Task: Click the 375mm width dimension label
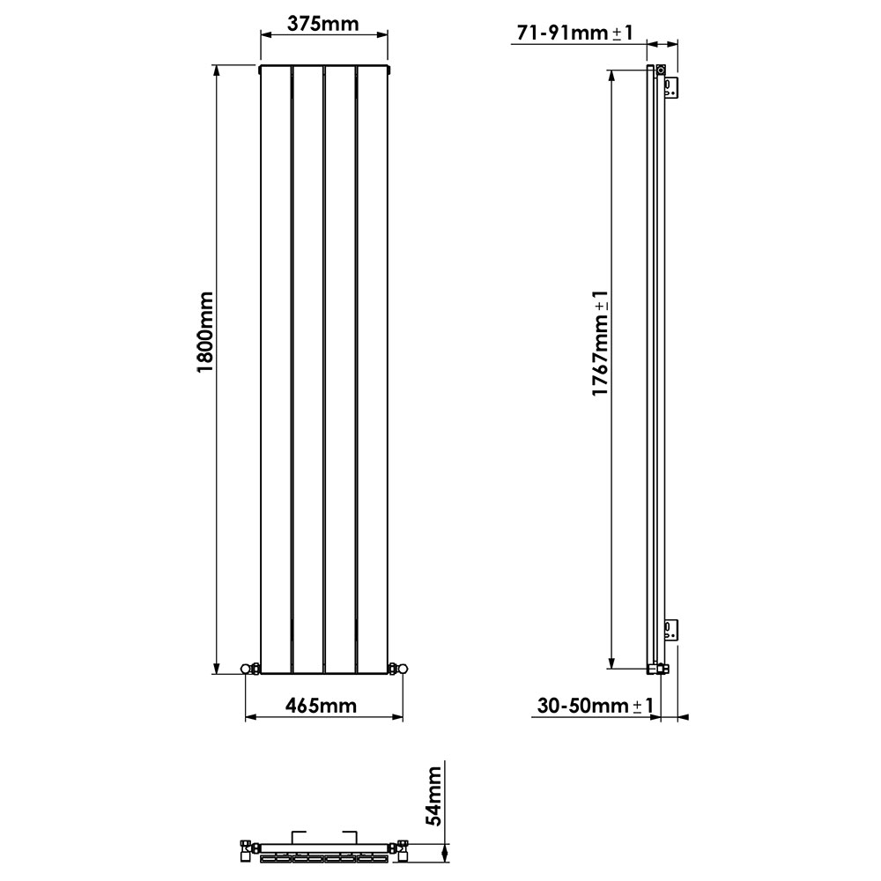point(323,24)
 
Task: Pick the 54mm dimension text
point(433,796)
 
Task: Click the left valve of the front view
point(250,670)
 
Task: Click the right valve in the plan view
point(402,852)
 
